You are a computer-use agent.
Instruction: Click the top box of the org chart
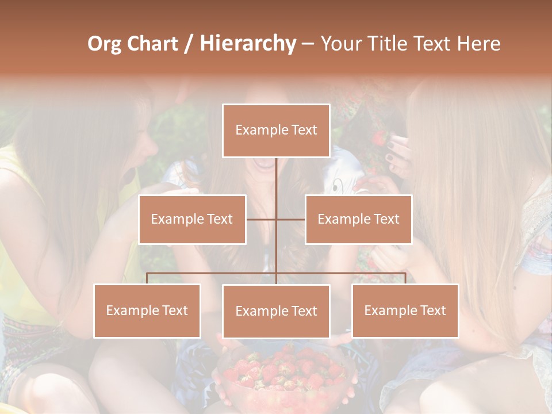click(276, 131)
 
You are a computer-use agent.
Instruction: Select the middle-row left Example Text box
click(192, 219)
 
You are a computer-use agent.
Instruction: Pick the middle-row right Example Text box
click(358, 219)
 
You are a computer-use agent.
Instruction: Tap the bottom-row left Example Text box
click(147, 310)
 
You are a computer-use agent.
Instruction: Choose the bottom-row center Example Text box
click(276, 311)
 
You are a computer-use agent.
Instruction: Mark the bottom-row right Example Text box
click(405, 310)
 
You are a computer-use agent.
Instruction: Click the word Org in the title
click(103, 44)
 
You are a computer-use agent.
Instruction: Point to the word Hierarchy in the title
click(247, 44)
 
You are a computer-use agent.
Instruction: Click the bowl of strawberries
click(285, 374)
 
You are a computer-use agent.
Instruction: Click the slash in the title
click(188, 44)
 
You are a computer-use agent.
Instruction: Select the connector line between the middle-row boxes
click(276, 219)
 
